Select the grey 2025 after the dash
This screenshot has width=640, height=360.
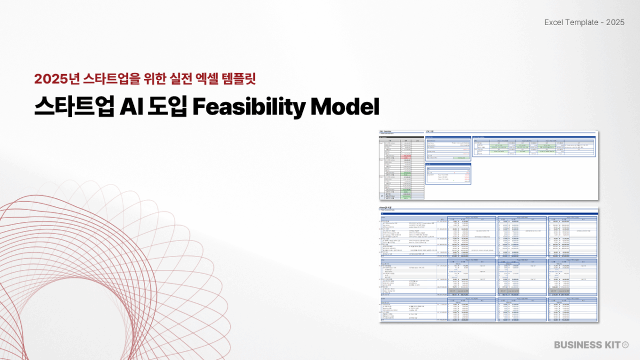click(x=615, y=22)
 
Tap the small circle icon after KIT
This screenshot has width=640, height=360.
click(x=626, y=345)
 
